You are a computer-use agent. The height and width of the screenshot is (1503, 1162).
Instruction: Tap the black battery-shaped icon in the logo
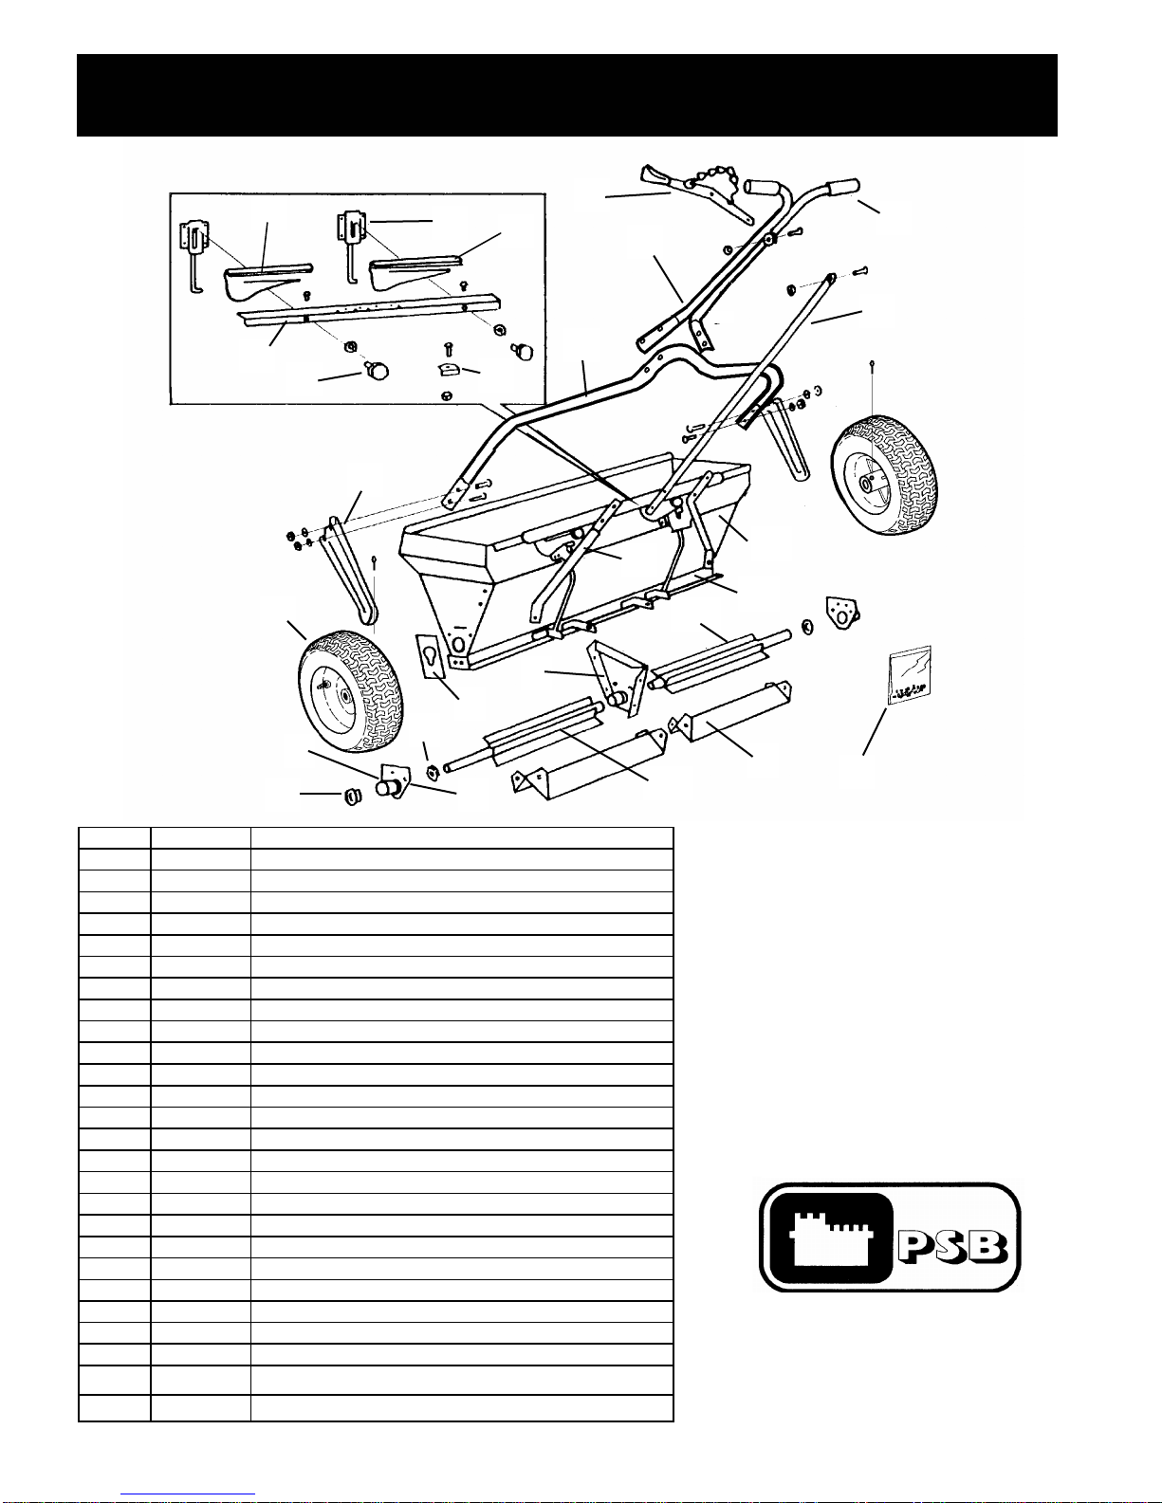831,1237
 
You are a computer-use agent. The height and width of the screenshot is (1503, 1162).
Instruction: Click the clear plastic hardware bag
909,674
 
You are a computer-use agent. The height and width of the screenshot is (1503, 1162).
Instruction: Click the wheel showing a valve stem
351,690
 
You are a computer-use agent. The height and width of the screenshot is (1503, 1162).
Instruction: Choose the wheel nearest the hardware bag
884,474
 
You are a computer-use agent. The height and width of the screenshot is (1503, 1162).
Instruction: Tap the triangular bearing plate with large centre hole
842,613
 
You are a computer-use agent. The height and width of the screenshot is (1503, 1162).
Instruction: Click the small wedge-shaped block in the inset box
449,370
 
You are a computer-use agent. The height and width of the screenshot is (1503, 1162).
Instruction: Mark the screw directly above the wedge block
448,348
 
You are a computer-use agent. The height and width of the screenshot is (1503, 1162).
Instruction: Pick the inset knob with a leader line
377,372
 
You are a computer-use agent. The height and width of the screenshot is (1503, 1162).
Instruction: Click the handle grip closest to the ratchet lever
761,187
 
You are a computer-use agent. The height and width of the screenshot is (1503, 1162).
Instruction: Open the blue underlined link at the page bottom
188,1494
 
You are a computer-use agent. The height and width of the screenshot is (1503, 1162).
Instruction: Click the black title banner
566,96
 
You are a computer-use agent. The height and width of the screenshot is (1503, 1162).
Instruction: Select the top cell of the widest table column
461,837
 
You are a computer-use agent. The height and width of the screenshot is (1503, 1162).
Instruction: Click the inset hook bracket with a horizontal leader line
351,247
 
